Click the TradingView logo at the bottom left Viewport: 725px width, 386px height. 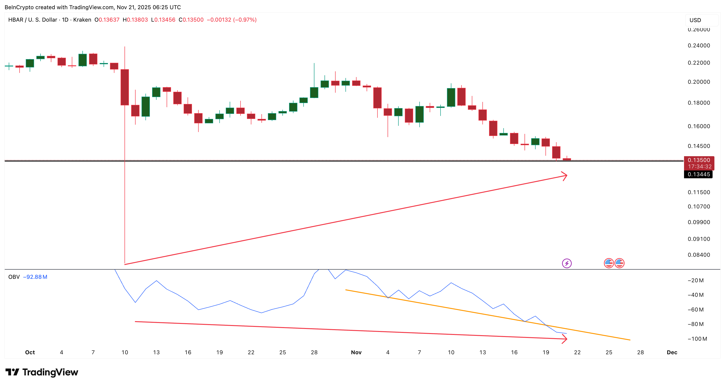(42, 372)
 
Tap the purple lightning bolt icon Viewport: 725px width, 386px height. (567, 263)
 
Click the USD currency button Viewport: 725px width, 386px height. (695, 20)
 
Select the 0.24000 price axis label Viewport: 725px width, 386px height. (699, 46)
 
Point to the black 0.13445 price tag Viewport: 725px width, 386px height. (699, 174)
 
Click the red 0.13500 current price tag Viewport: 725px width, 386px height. (699, 160)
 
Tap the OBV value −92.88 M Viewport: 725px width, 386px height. (35, 277)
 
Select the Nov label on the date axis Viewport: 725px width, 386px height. (356, 352)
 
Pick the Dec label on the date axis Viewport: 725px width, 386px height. (672, 352)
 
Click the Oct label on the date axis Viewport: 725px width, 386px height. (30, 352)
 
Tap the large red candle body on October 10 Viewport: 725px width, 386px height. (125, 87)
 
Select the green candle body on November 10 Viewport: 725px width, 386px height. (451, 97)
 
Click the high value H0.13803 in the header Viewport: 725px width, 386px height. (135, 20)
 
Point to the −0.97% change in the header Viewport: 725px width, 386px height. (245, 20)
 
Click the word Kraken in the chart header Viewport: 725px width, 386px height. (82, 20)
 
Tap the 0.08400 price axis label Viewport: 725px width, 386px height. (699, 255)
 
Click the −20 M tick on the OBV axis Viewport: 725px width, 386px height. (696, 280)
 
